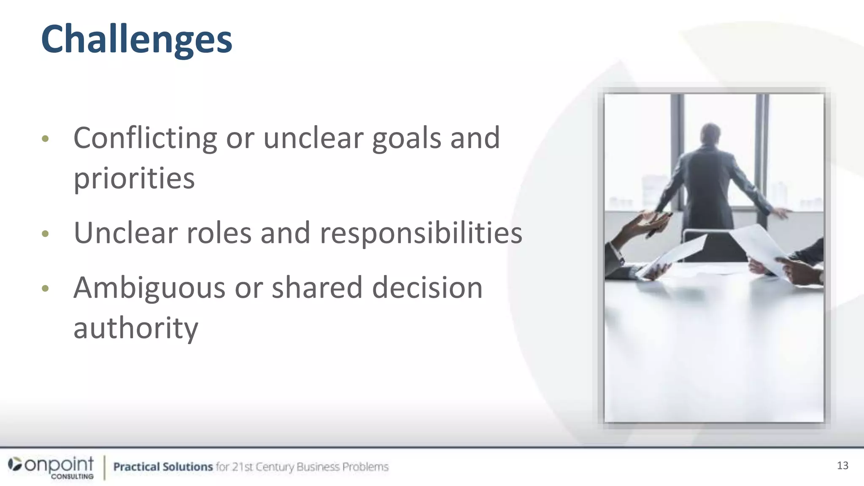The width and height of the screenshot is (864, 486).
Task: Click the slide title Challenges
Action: [136, 39]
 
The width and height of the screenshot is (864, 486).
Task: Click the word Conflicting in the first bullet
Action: [145, 138]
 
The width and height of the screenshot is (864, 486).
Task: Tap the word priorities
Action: [134, 179]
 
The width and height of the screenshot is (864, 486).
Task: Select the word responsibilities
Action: [421, 233]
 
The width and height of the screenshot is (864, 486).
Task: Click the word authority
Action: [135, 328]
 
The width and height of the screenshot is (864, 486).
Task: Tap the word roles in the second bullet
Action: [219, 233]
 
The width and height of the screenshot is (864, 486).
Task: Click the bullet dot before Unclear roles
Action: [46, 234]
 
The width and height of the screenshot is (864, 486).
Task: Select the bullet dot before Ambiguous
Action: [46, 289]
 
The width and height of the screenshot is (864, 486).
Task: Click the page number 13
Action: [842, 466]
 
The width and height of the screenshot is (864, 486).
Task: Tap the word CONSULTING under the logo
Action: [72, 477]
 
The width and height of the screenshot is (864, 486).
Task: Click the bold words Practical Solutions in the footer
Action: [163, 467]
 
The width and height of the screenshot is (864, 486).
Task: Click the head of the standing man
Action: [711, 134]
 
